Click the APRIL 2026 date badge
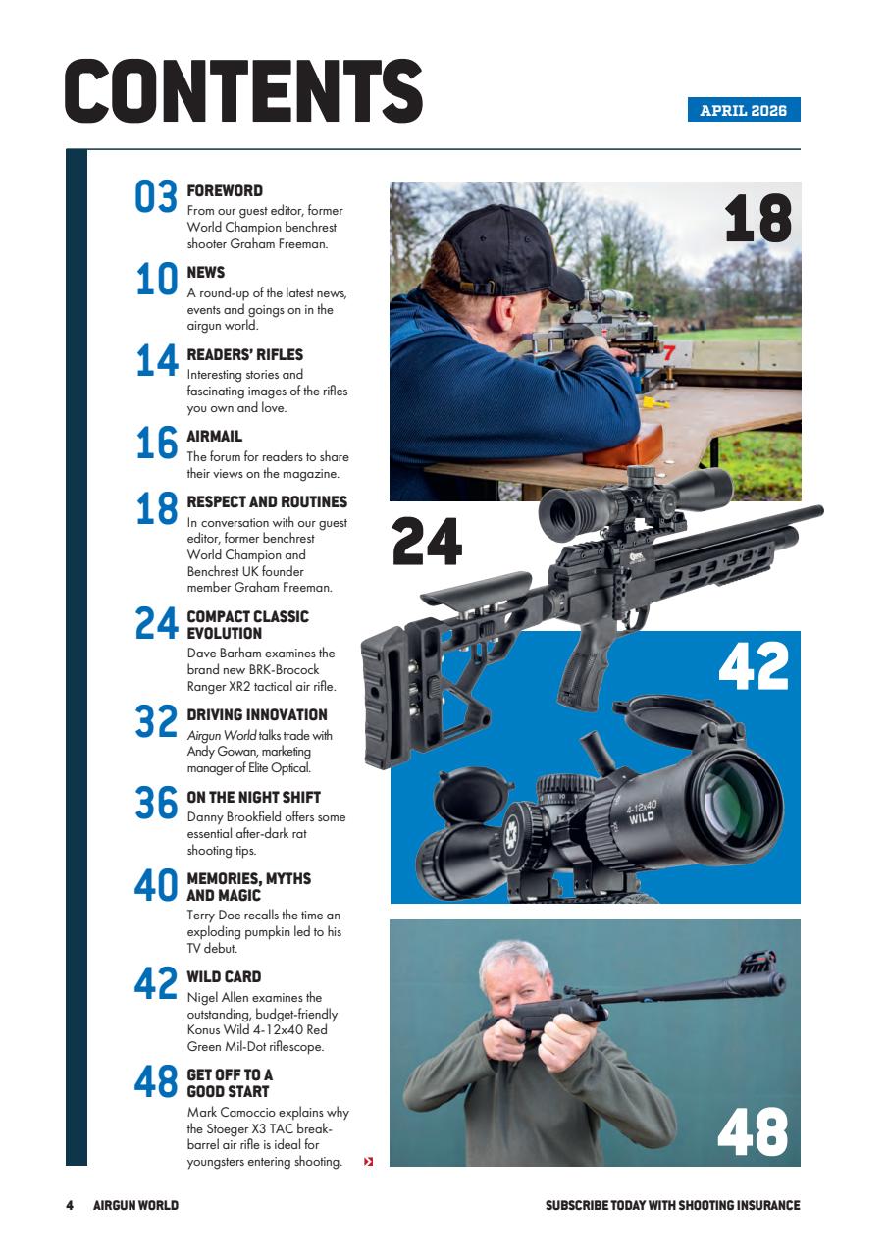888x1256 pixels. click(x=744, y=110)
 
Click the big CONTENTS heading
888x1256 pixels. click(x=243, y=91)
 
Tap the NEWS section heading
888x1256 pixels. click(x=206, y=272)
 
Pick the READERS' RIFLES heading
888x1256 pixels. click(x=245, y=354)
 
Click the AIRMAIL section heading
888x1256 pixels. click(x=215, y=436)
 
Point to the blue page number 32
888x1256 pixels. click(x=155, y=722)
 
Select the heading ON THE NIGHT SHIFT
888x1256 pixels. click(x=254, y=798)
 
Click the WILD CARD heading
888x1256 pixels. click(x=224, y=976)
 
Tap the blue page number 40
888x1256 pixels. click(x=155, y=886)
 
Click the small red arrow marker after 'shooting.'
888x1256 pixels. click(x=369, y=1163)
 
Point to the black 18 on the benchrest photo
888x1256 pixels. click(x=757, y=219)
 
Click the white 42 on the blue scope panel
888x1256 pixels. click(x=754, y=666)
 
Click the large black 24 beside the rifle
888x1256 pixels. click(x=427, y=542)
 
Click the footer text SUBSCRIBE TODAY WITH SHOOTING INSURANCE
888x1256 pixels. click(x=672, y=1205)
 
